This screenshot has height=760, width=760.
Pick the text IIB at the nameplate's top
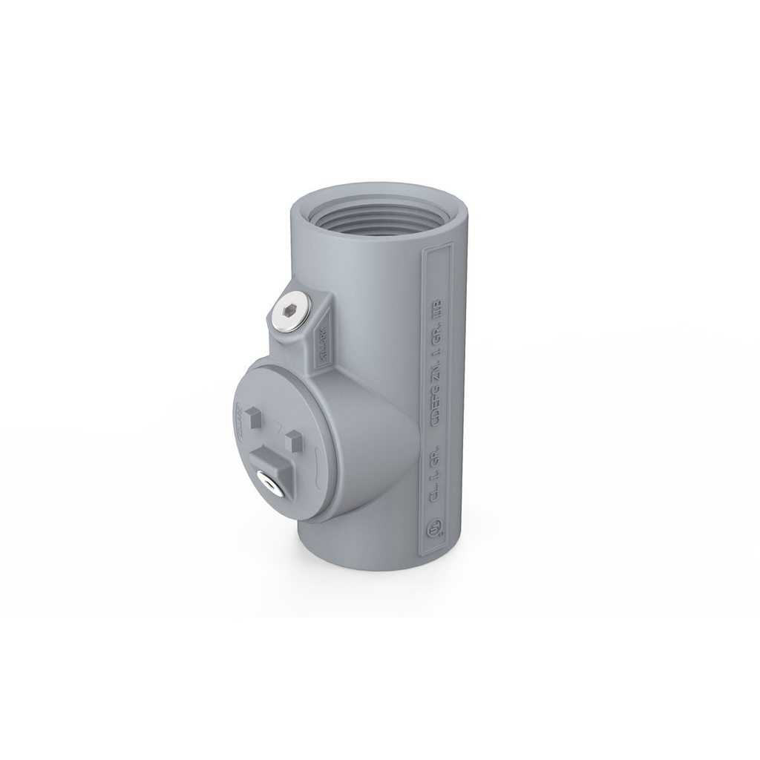(x=436, y=309)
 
